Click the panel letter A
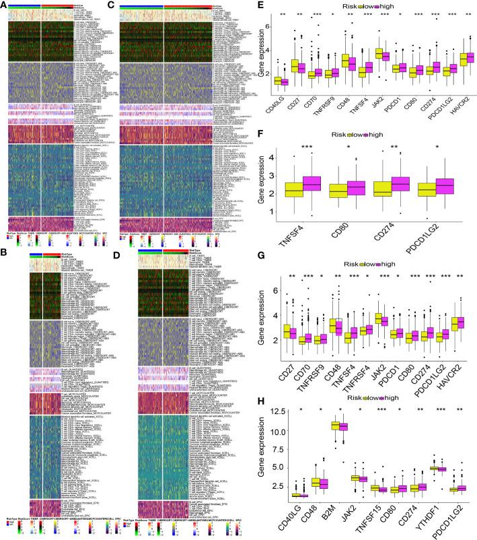[4, 5]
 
